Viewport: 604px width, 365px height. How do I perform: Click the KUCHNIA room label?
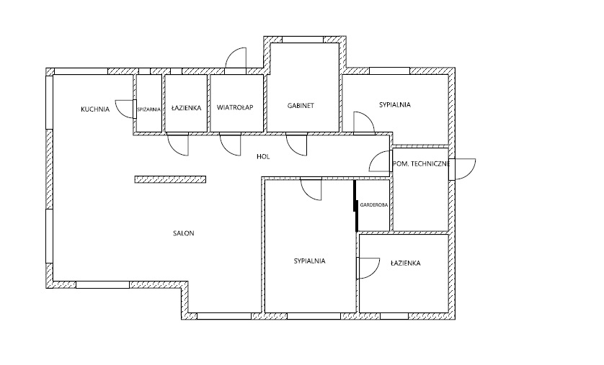coord(95,109)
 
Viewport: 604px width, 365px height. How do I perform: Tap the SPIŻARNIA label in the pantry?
coord(148,109)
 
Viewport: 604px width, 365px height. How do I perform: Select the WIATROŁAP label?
coord(235,107)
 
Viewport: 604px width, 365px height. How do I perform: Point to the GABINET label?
coord(301,105)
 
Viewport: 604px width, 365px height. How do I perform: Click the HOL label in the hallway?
coord(264,156)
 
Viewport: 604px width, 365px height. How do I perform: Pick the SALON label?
coord(184,233)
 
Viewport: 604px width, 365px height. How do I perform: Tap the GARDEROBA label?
coord(373,205)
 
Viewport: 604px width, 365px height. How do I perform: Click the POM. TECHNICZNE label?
coord(421,164)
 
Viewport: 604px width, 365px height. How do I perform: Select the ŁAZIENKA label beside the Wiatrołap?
coord(187,108)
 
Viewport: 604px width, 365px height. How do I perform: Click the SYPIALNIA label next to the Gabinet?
coord(395,104)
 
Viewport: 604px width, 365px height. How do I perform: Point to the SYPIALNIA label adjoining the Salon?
coord(310,261)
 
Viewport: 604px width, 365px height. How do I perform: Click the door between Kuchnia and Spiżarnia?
coord(126,109)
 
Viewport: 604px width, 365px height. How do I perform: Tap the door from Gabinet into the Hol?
coord(297,144)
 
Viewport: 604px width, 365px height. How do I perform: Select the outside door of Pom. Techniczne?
coord(462,169)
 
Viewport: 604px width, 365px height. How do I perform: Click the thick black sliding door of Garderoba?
coord(356,206)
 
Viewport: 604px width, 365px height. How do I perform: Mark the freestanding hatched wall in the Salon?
coord(170,179)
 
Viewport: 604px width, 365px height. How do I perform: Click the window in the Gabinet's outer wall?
coord(303,39)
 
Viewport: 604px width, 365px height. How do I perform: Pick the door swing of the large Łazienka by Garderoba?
coord(368,268)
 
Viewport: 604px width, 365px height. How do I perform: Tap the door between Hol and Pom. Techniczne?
coord(381,161)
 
